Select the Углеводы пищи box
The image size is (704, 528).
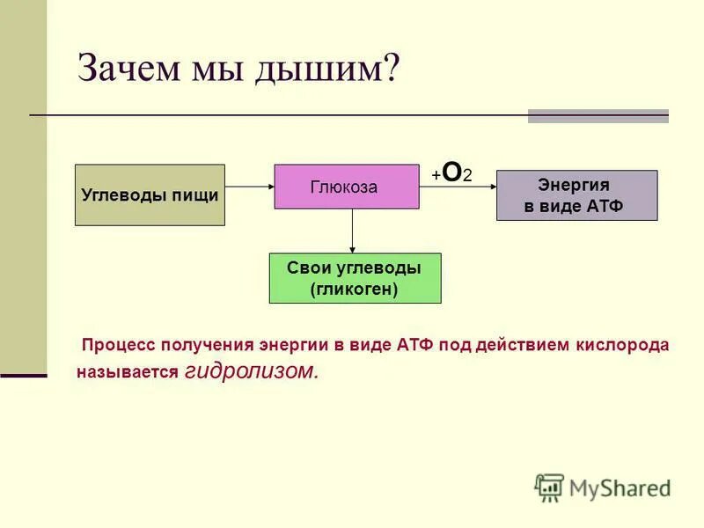click(x=150, y=195)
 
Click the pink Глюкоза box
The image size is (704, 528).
click(x=346, y=187)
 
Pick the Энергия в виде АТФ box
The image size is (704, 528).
click(x=576, y=195)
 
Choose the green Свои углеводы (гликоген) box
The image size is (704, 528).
click(x=355, y=278)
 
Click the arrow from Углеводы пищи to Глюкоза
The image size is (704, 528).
click(x=250, y=187)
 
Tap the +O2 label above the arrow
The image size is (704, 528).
click(x=452, y=173)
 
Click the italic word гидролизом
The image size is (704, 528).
click(x=252, y=371)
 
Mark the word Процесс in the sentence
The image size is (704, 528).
click(x=114, y=345)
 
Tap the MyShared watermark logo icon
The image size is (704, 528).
click(x=549, y=487)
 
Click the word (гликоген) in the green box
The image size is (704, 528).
click(x=355, y=289)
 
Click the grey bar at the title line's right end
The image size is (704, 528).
click(x=598, y=115)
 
